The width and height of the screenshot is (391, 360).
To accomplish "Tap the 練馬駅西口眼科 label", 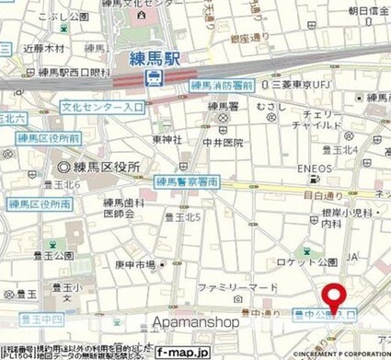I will pos(54,73).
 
